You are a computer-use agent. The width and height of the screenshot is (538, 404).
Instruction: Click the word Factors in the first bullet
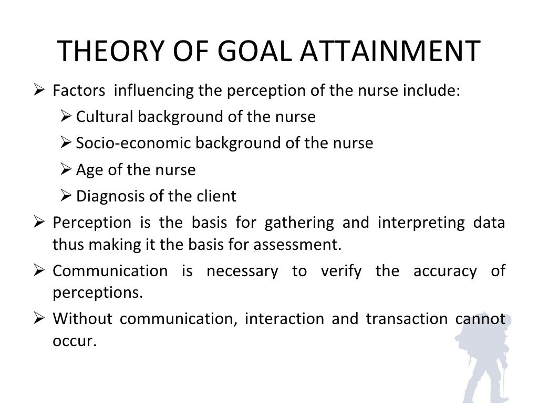pyautogui.click(x=78, y=90)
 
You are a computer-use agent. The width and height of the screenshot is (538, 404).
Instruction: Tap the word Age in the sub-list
pyautogui.click(x=87, y=170)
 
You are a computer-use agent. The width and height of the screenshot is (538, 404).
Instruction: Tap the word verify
pyautogui.click(x=342, y=271)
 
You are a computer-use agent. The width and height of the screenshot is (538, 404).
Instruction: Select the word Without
pyautogui.click(x=82, y=319)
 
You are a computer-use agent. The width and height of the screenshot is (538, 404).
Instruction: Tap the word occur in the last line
pyautogui.click(x=75, y=341)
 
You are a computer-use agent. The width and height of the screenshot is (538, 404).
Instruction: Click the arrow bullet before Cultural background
pyautogui.click(x=66, y=116)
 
